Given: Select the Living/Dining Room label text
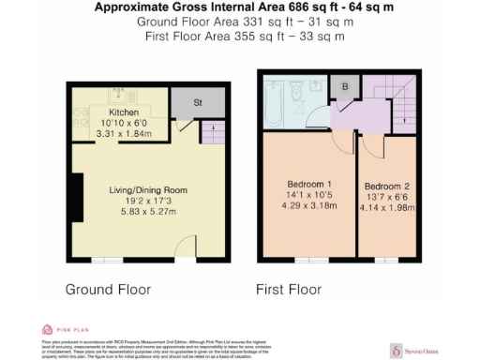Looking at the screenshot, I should click(142, 189).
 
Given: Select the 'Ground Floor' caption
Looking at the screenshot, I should click(107, 290).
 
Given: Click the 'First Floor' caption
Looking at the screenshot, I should click(293, 290).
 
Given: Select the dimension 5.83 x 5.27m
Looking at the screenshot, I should click(142, 212).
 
